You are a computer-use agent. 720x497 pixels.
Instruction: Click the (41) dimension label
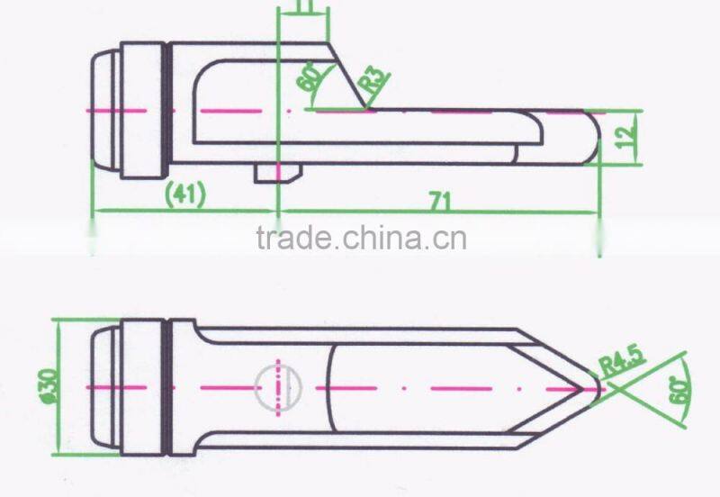185,194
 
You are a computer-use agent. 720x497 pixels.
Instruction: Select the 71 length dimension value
440,201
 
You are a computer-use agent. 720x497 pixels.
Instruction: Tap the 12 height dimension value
625,131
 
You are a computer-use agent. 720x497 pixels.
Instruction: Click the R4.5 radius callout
622,359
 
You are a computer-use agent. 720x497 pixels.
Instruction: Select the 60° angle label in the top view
309,77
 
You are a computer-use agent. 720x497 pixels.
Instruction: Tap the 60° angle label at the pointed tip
679,391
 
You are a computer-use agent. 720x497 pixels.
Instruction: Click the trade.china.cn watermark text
362,238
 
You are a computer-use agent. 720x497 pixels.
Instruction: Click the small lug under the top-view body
278,173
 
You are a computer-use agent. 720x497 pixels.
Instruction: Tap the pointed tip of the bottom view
598,388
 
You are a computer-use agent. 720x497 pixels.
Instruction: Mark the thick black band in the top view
168,110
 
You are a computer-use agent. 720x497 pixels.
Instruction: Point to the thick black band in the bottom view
168,387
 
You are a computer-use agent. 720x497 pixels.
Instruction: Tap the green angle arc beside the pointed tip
688,391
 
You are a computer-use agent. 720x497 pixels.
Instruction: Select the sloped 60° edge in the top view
347,77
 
